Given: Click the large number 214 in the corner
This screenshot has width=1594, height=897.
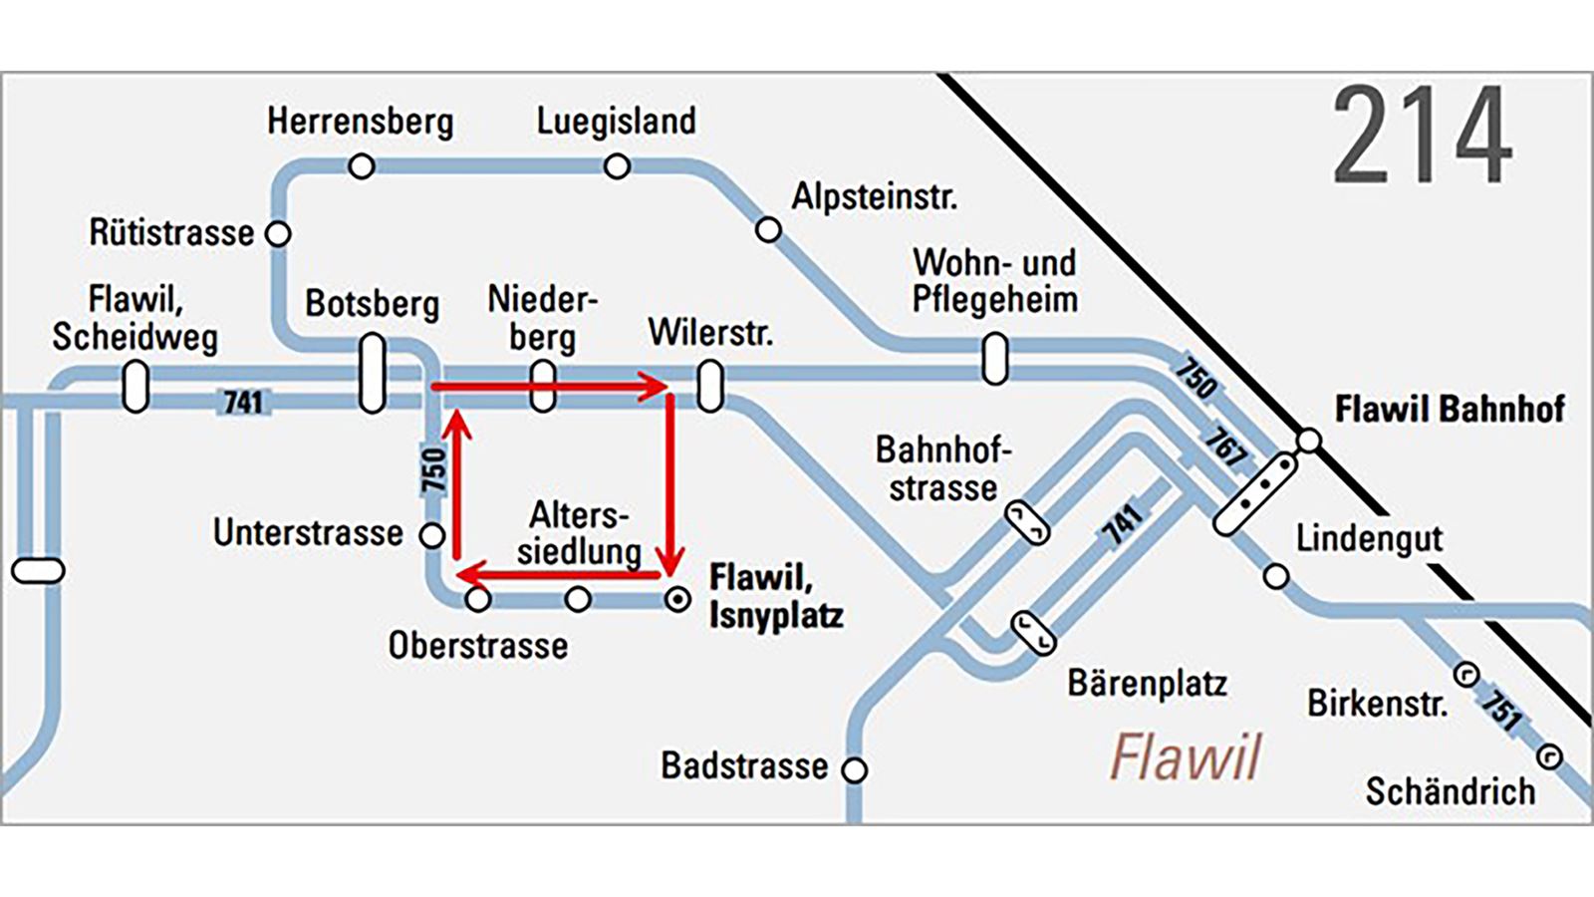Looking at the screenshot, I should [x=1422, y=135].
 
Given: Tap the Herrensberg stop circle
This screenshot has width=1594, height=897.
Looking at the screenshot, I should [x=362, y=165].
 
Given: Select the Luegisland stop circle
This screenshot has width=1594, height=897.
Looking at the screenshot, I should [x=617, y=166].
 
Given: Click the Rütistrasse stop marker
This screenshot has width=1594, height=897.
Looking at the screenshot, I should [x=279, y=234].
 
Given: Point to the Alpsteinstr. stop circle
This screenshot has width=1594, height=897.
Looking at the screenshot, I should [x=768, y=230].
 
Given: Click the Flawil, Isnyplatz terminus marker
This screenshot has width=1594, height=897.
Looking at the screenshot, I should [x=677, y=600].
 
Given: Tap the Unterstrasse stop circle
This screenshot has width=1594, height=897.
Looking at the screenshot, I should [x=432, y=535].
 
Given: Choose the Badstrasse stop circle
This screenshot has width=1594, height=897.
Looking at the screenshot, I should [x=855, y=769].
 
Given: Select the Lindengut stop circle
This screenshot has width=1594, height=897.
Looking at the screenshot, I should [x=1276, y=576].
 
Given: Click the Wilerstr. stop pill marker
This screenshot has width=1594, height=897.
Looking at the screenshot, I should [x=710, y=387].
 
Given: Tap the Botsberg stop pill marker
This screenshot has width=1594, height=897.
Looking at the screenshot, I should [x=372, y=374].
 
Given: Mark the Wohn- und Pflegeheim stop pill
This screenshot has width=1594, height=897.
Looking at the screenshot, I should [x=994, y=359].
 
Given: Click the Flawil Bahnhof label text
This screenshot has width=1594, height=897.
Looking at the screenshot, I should [x=1449, y=409].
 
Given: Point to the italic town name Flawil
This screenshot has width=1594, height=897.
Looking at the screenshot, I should [x=1186, y=757].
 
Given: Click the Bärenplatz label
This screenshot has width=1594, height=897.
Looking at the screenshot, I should [x=1147, y=684].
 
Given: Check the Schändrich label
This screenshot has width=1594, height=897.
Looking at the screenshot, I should [x=1450, y=791].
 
